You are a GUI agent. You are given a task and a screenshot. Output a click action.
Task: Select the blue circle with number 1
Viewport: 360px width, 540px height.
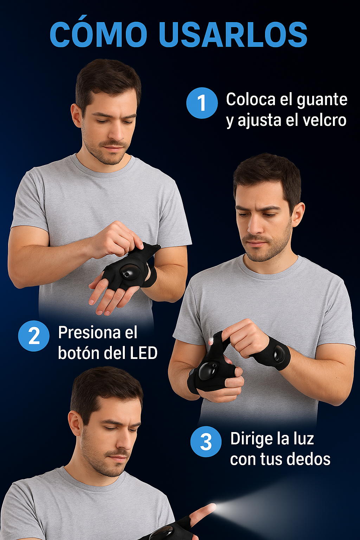[x=202, y=103]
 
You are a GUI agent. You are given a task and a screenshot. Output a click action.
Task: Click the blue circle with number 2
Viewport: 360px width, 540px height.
[x=34, y=336]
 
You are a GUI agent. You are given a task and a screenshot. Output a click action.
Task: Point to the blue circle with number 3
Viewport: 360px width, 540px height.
[x=206, y=442]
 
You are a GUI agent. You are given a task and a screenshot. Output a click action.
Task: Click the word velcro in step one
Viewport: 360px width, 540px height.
[x=316, y=120]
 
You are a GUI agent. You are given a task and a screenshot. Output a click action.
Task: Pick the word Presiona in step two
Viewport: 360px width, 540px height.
[x=89, y=332]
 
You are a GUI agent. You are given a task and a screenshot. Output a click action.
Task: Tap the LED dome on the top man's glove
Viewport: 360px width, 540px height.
[x=129, y=272]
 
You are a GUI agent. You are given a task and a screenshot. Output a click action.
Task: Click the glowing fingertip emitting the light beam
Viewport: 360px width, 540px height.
[x=212, y=507]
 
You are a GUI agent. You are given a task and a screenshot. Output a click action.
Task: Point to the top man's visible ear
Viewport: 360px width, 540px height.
[x=76, y=115]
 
